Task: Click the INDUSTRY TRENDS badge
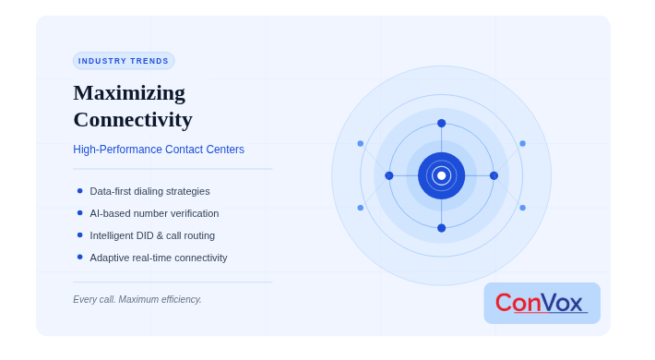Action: coord(124,61)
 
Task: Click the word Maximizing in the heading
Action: coord(129,93)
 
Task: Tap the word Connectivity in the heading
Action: coord(133,120)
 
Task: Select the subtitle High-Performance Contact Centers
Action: coord(159,150)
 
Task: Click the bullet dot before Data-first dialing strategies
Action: coord(79,191)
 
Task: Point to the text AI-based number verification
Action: coord(154,213)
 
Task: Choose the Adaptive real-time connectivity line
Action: coord(159,258)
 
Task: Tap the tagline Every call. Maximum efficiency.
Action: coord(137,299)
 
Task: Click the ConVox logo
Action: coord(542,303)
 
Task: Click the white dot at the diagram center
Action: coord(442,175)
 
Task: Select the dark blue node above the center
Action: coord(442,124)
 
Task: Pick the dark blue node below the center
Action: coord(442,228)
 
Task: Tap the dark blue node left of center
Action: coord(389,175)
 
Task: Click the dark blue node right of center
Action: coord(494,175)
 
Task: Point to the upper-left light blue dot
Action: coord(361,143)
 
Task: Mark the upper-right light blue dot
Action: coord(522,143)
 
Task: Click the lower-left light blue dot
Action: coord(361,208)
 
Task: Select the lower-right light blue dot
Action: coord(522,208)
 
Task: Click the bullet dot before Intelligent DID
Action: coord(79,235)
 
